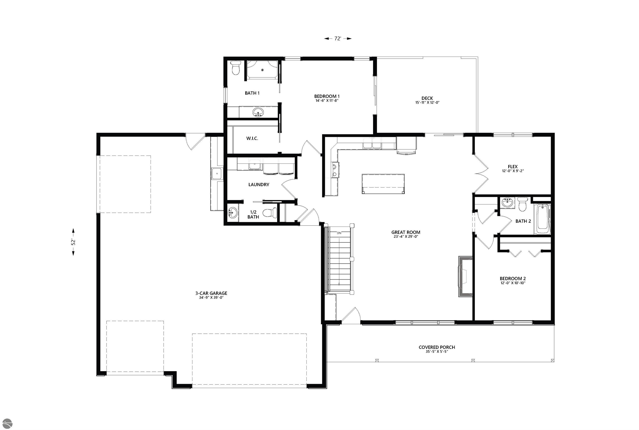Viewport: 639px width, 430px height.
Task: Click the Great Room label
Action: coord(406,232)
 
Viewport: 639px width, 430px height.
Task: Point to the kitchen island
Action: coord(383,184)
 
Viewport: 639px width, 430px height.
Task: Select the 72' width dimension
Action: coord(337,39)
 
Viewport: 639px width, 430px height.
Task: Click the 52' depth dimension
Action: coord(73,242)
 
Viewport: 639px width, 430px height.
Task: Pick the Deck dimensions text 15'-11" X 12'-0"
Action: coord(427,103)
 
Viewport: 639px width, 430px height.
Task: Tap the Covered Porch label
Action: coord(437,347)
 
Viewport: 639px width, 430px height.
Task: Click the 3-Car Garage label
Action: coord(211,293)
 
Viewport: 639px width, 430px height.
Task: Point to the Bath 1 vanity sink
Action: coord(258,112)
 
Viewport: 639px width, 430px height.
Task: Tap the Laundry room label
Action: coord(259,185)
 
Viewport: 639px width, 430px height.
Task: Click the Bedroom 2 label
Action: coord(512,278)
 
